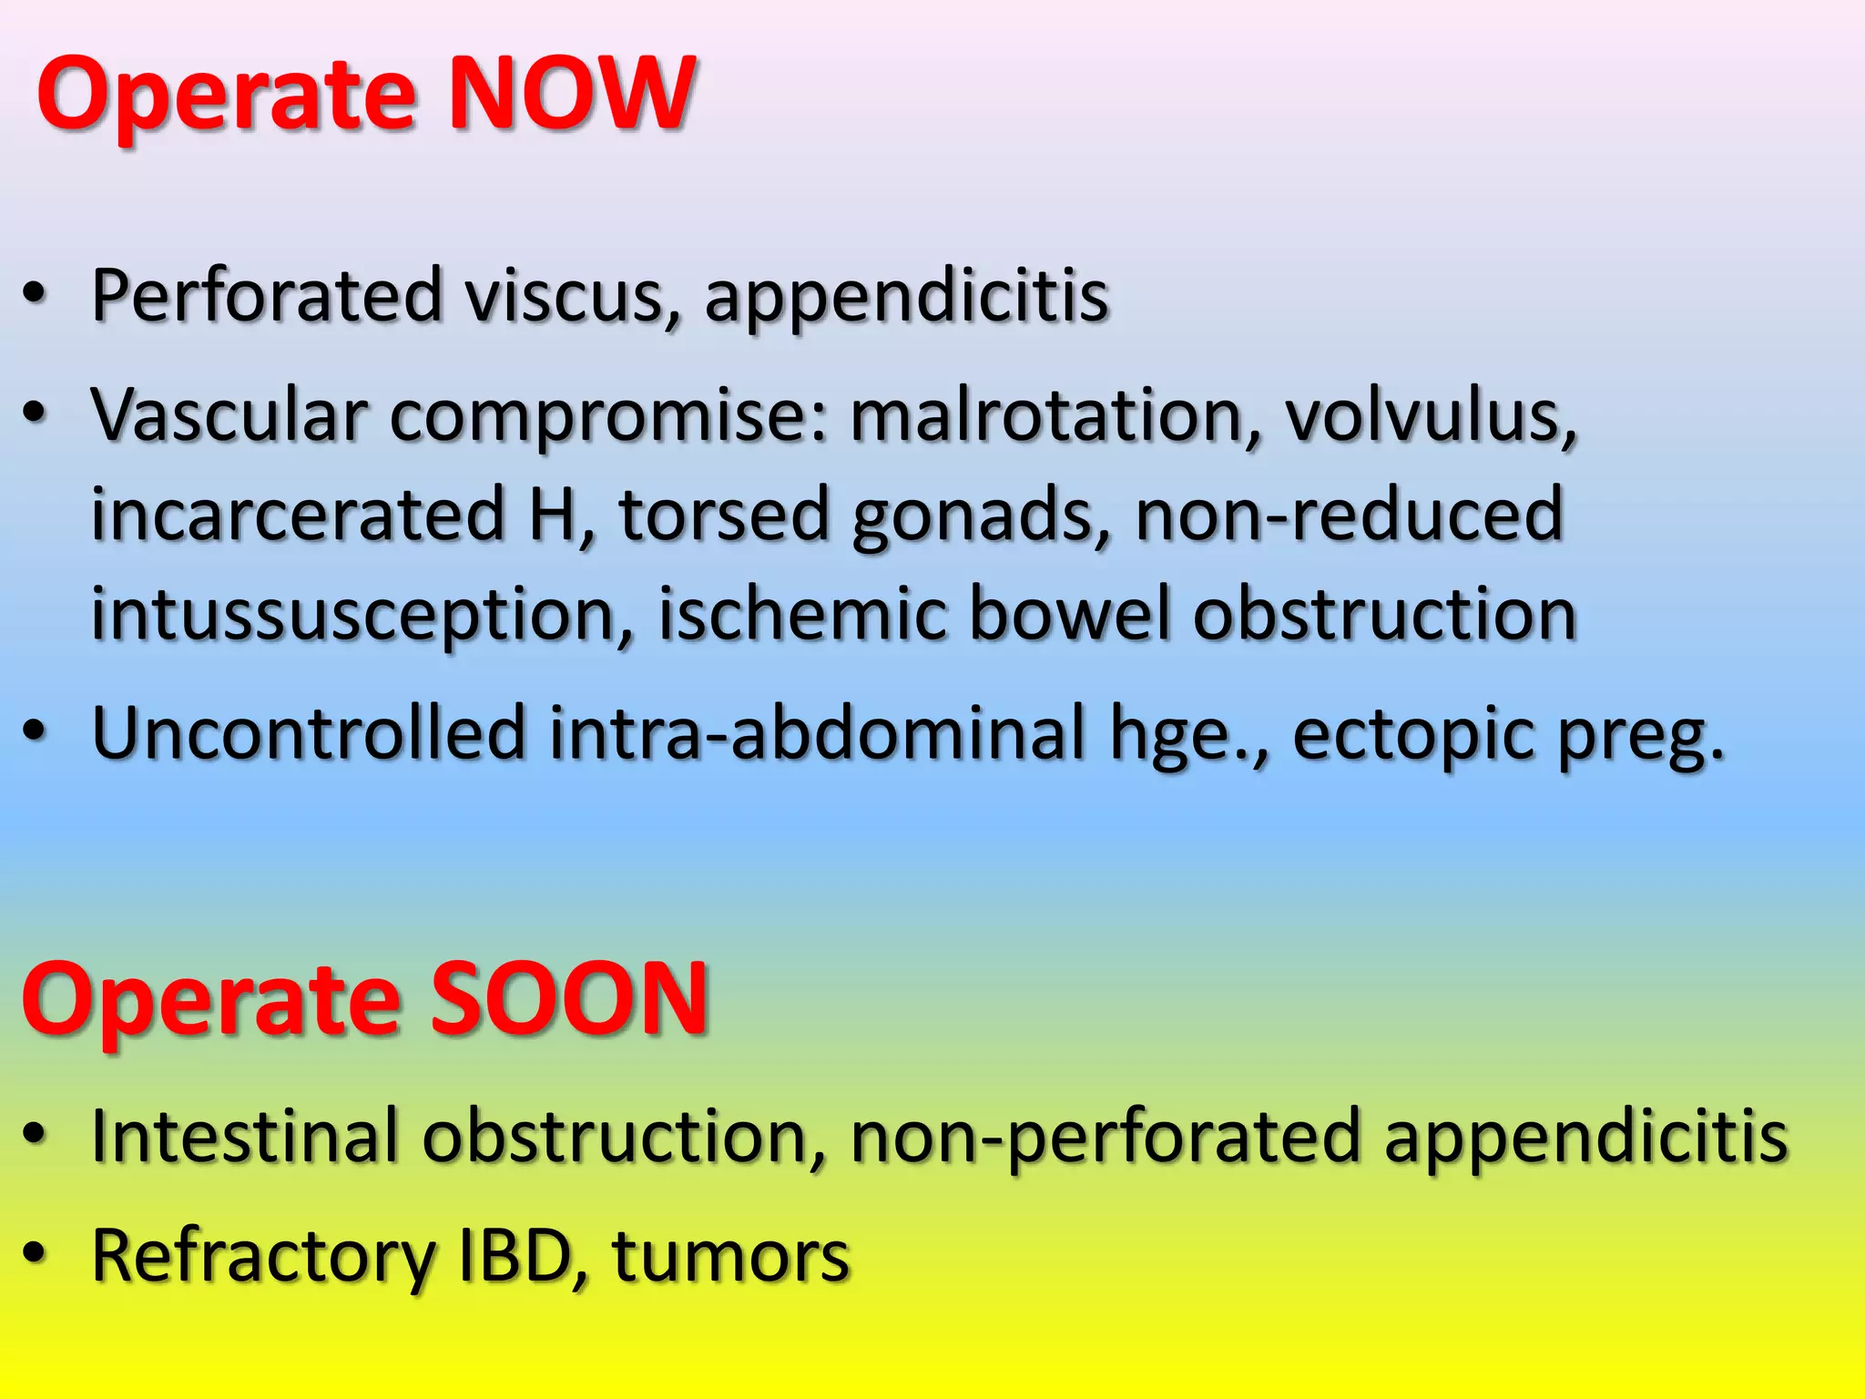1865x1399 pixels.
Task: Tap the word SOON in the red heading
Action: (x=569, y=999)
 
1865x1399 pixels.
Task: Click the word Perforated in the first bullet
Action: (x=267, y=296)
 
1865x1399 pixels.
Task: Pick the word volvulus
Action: (x=1430, y=415)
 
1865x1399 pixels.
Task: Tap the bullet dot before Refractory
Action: (x=34, y=1254)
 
